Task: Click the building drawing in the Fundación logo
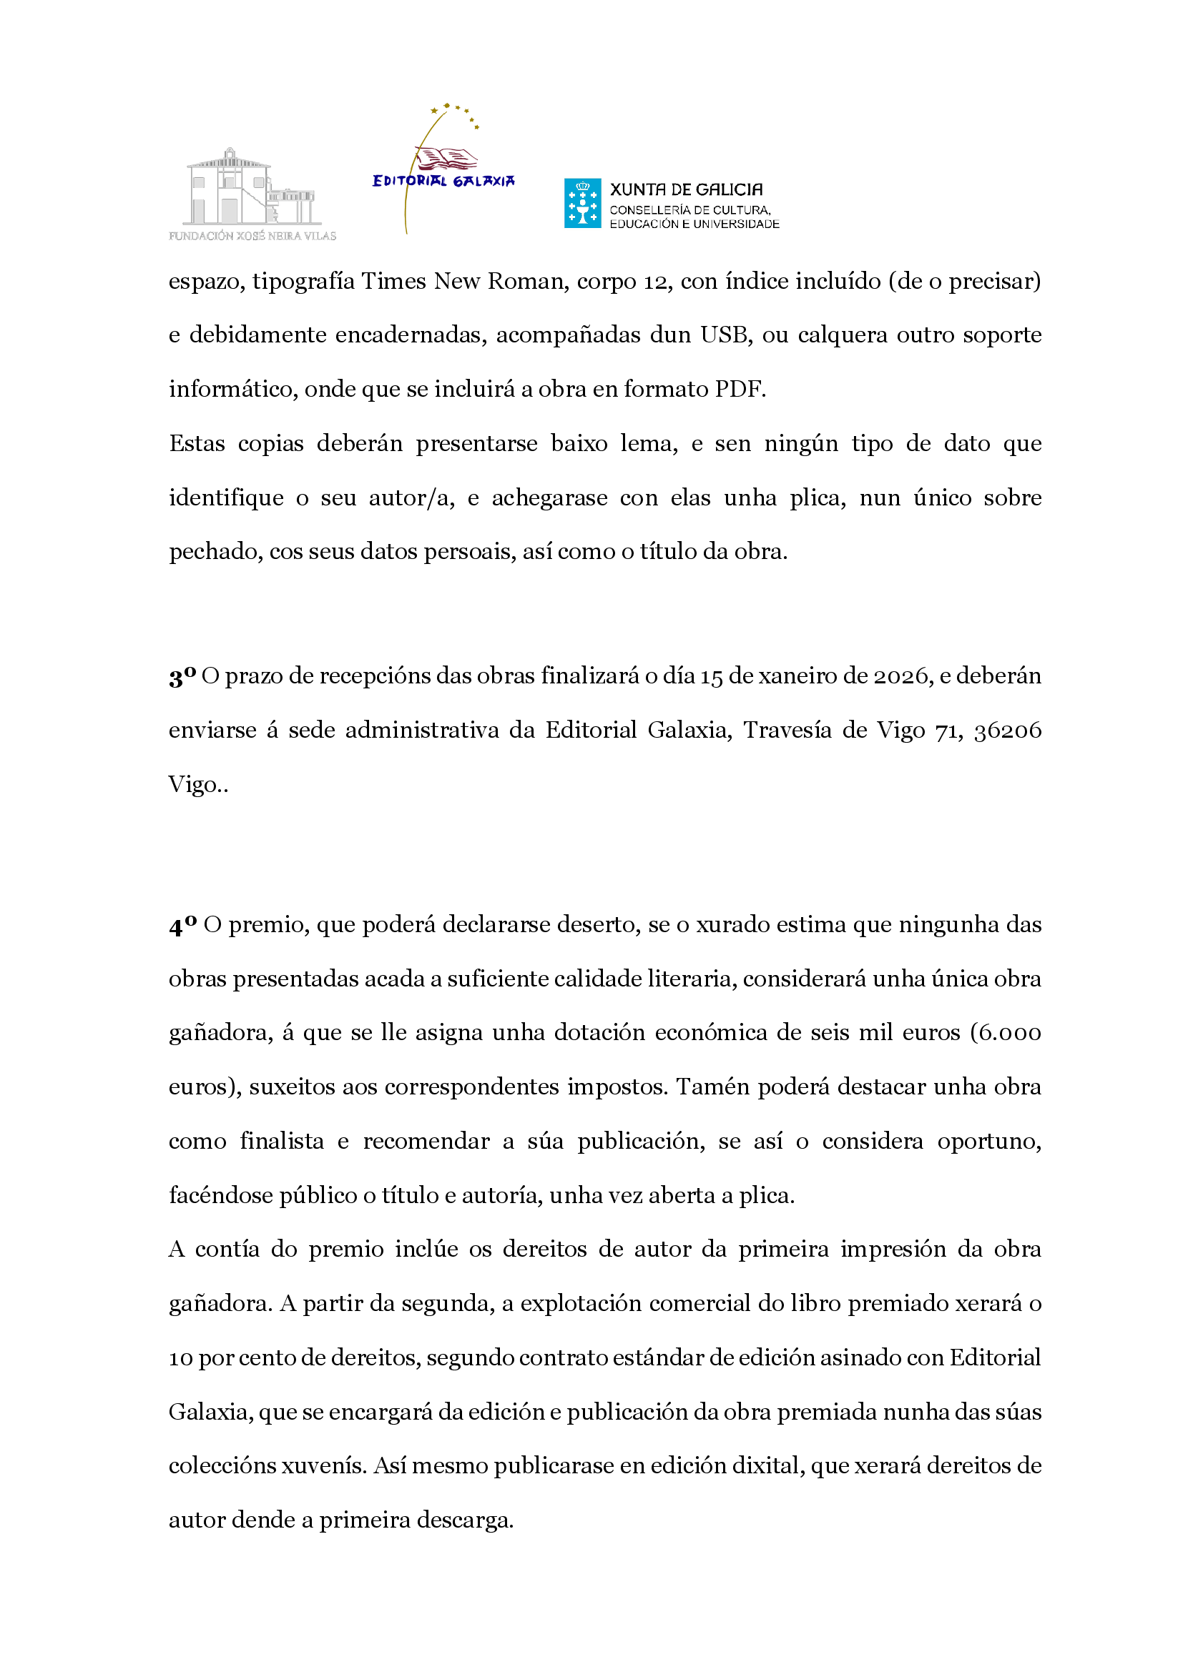coord(250,188)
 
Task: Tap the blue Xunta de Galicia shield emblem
coord(582,203)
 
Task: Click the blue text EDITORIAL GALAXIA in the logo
coord(443,181)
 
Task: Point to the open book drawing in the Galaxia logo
coord(446,158)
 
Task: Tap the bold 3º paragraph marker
coord(182,676)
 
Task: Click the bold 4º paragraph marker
coord(183,925)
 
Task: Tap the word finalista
coord(282,1140)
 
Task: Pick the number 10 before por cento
coord(181,1357)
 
